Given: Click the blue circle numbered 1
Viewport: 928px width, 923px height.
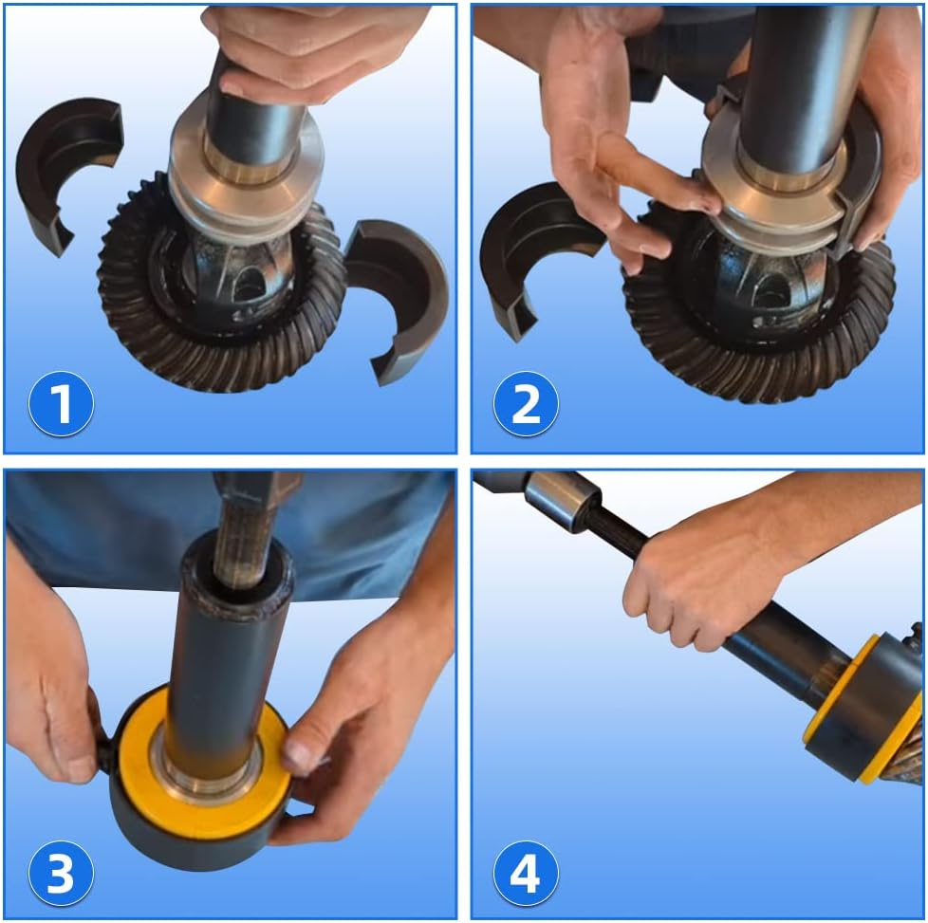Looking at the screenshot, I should coord(61,404).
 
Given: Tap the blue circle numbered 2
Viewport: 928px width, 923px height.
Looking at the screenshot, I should coord(526,404).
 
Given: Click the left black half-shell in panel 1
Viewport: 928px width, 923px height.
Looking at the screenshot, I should coord(65,166).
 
